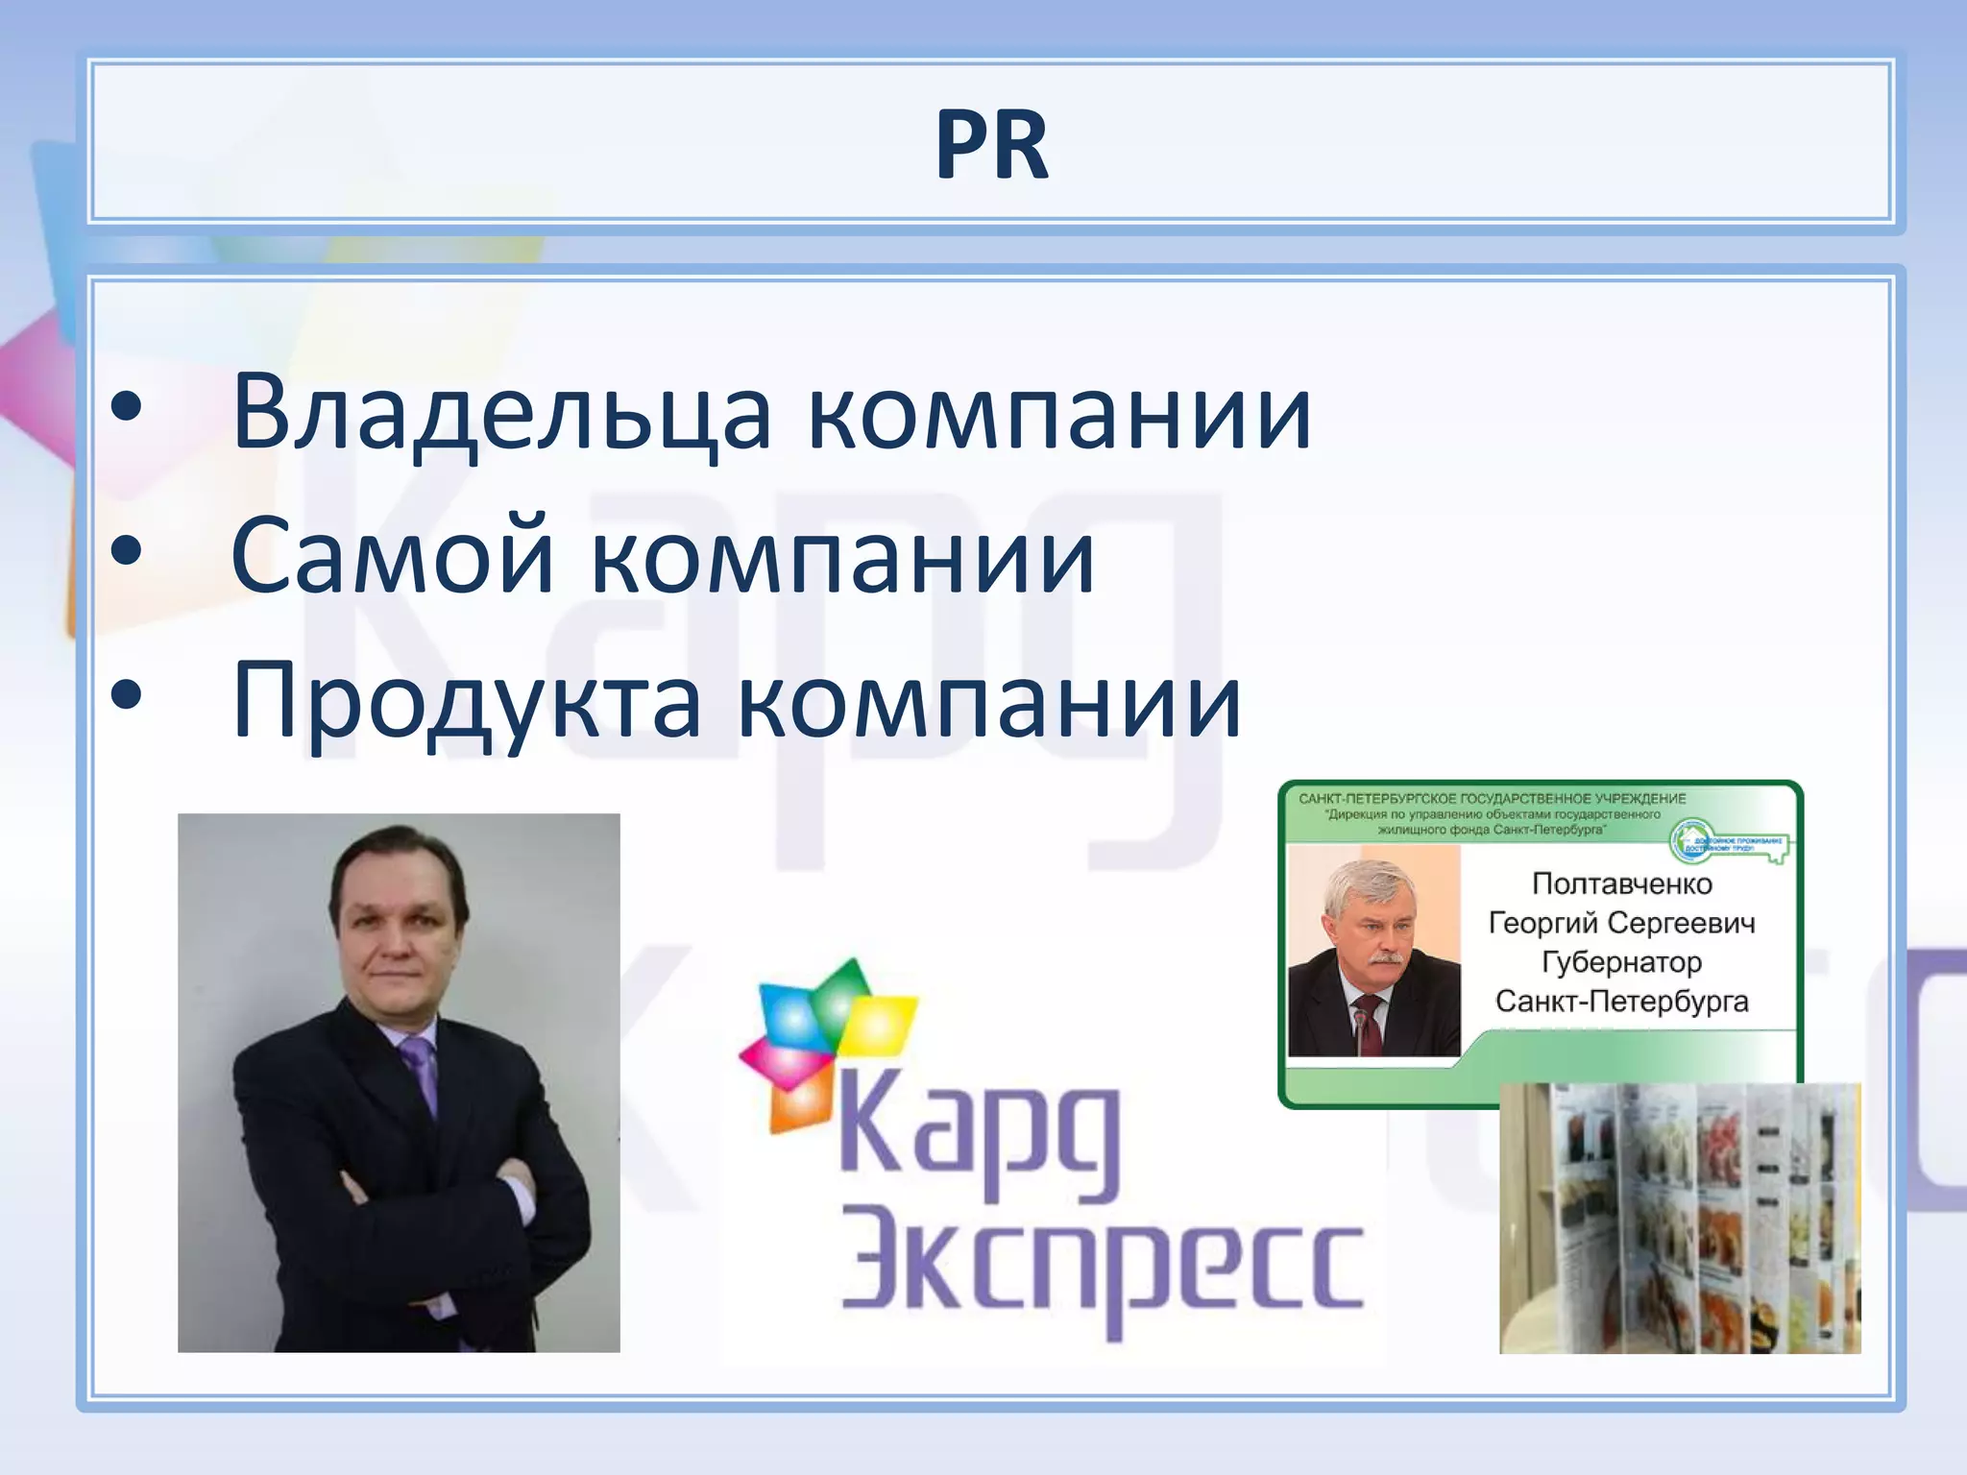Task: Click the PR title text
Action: coord(991,145)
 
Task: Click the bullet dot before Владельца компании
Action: coord(126,409)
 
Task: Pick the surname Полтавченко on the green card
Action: coord(1621,883)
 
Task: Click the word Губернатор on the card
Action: coord(1621,961)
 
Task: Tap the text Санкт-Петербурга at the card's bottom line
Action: coord(1621,1002)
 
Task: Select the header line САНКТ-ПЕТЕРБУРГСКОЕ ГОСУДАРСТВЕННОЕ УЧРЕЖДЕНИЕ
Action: coord(1492,799)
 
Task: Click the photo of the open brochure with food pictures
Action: coord(1679,1220)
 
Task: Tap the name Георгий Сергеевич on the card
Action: coord(1621,923)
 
